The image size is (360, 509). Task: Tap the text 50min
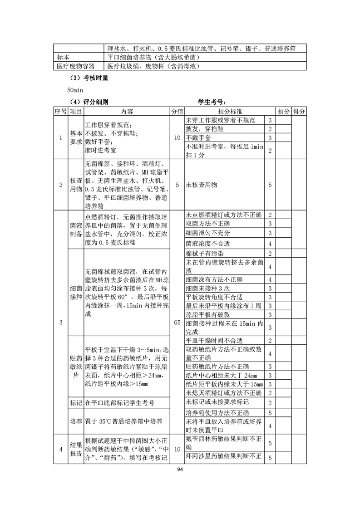74,90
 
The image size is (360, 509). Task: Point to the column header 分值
177,112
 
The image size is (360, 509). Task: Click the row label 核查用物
75,185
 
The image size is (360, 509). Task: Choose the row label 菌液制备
75,229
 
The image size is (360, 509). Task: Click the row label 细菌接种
75,292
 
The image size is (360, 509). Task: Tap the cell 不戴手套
198,137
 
